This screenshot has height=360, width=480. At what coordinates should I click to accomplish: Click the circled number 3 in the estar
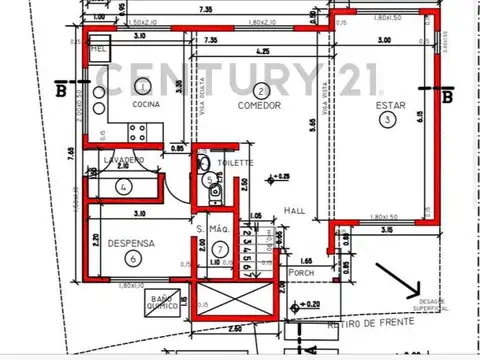click(x=387, y=119)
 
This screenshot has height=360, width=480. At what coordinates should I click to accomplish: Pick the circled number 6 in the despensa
click(x=132, y=257)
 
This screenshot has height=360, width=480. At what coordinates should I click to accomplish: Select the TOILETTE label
click(x=236, y=162)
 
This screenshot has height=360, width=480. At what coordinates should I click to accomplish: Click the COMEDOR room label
click(x=259, y=105)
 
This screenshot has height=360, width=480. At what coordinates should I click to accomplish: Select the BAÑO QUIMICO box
click(x=159, y=304)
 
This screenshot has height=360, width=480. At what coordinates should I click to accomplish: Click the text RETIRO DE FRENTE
click(x=359, y=325)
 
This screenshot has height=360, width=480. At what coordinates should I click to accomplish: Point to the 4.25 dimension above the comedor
click(x=262, y=52)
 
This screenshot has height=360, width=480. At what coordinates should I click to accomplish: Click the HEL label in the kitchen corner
click(x=98, y=47)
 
